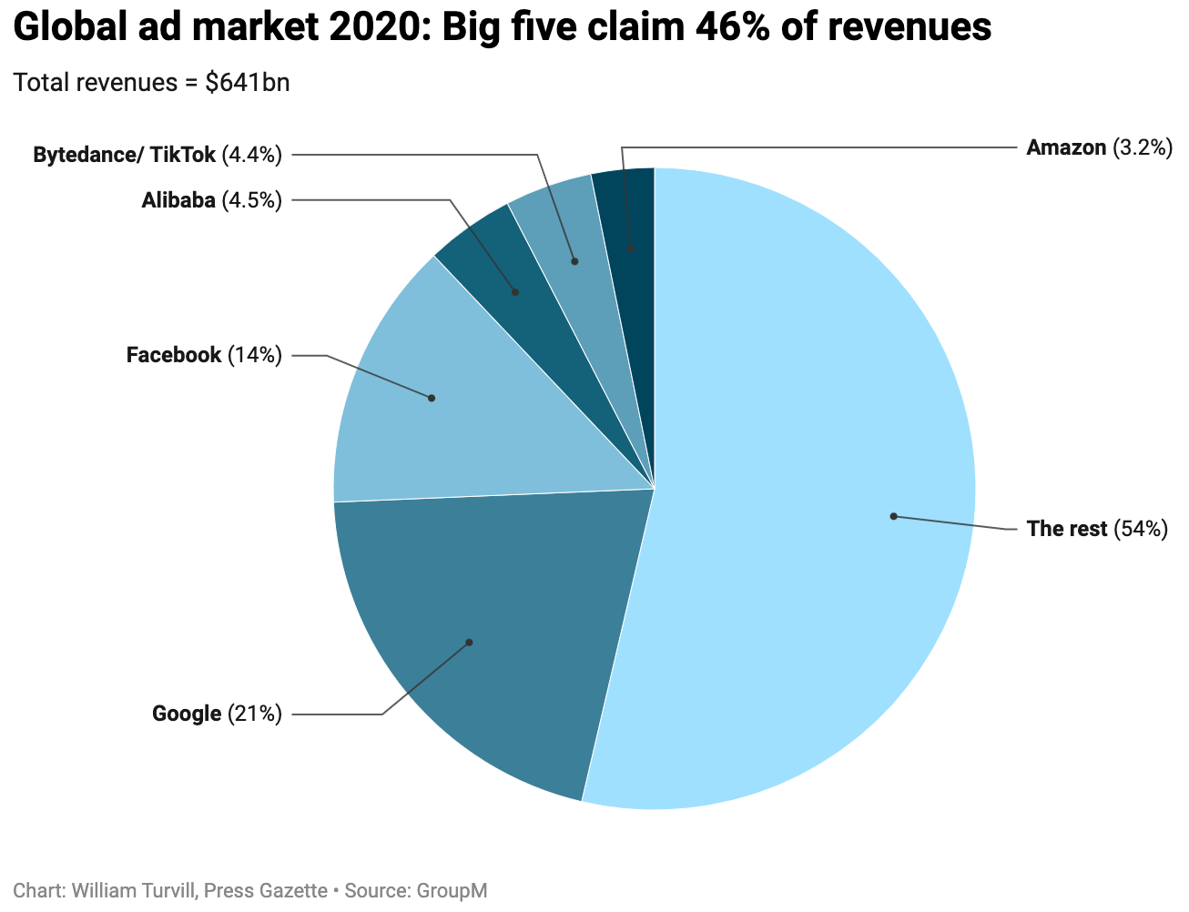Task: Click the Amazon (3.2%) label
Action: (1099, 147)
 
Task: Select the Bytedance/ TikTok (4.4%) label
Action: (158, 155)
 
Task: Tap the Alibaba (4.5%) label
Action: (211, 200)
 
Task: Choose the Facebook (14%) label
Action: (204, 355)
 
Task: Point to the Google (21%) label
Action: (217, 714)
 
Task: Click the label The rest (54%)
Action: (1096, 529)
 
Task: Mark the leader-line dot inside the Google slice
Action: (470, 643)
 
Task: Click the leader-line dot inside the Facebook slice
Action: (432, 398)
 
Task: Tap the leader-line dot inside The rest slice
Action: (894, 516)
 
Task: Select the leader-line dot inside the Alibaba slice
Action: (515, 292)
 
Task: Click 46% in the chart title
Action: (728, 28)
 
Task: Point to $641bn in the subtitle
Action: (248, 83)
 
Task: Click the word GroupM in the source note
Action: (452, 890)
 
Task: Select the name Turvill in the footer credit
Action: (166, 890)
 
